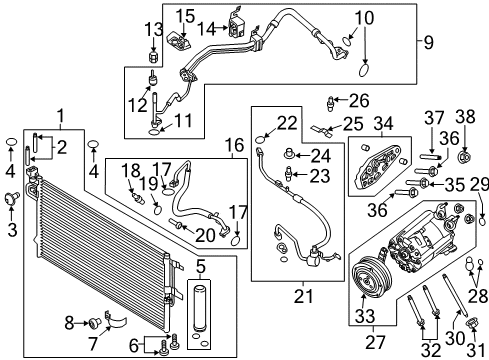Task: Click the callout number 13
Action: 153,30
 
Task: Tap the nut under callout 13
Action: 153,57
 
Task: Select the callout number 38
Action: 465,117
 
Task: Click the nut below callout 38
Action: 464,156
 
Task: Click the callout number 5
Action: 200,267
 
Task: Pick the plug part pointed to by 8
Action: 95,322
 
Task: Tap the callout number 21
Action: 304,296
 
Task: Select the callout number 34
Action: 384,124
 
